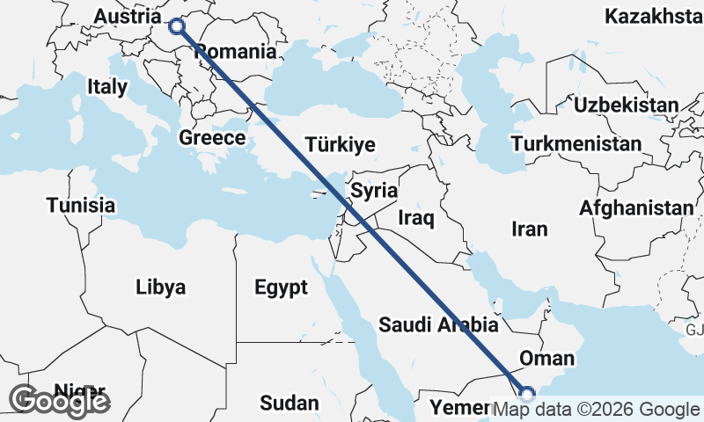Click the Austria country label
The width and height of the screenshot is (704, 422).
(x=127, y=17)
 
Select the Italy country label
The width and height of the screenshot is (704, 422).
(x=107, y=86)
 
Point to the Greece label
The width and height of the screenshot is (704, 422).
(x=212, y=138)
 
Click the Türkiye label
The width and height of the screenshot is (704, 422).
(x=340, y=145)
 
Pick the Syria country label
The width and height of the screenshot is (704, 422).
(x=374, y=191)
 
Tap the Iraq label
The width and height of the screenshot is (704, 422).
(x=417, y=216)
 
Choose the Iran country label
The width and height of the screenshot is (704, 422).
(x=529, y=229)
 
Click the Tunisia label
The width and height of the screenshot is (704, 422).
(x=81, y=205)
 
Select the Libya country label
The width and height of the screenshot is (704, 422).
(x=161, y=287)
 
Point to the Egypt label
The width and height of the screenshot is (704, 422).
(x=281, y=287)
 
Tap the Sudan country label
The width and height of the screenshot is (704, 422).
(x=290, y=404)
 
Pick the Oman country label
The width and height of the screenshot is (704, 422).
(x=546, y=359)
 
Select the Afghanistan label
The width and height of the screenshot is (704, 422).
(x=636, y=208)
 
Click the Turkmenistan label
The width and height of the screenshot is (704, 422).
(x=576, y=143)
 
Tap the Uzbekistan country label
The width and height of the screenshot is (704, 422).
(x=626, y=105)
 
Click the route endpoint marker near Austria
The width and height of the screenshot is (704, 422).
(x=178, y=25)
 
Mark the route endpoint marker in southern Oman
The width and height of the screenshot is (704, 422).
(x=526, y=395)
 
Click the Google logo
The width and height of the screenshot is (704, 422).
(x=60, y=401)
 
